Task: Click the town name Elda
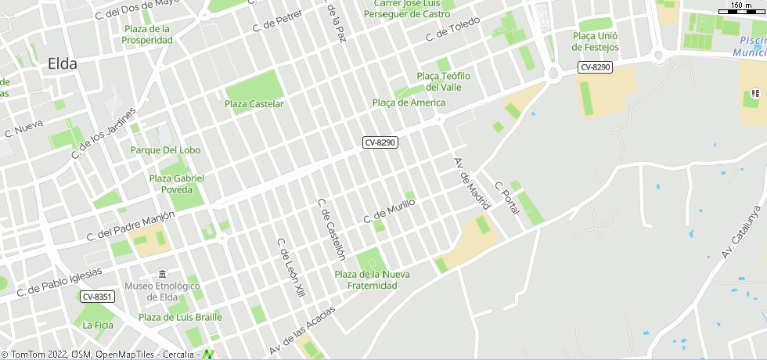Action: (63, 64)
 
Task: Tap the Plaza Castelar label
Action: (254, 104)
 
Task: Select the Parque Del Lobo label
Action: (166, 150)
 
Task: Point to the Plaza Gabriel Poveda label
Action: (177, 184)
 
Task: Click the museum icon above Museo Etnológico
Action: (162, 274)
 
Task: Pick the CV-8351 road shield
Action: (98, 297)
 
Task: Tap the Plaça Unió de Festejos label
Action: (596, 41)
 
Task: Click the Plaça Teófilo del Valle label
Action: (444, 81)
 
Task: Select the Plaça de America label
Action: (409, 103)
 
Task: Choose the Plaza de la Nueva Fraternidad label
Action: (373, 279)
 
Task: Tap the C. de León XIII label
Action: (290, 268)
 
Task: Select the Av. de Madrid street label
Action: (471, 184)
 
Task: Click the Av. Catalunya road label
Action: (741, 232)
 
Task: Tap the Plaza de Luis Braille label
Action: (180, 317)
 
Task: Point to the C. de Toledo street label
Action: (452, 31)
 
